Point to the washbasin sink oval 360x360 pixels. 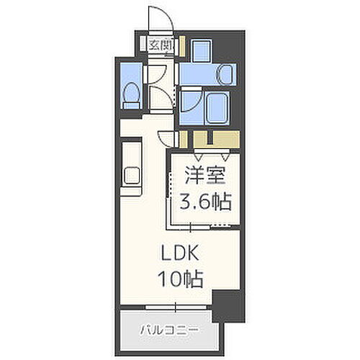[223, 72]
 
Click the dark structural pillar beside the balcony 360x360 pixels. [228, 305]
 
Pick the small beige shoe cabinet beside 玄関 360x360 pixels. [181, 45]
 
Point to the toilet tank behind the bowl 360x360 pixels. [130, 105]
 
